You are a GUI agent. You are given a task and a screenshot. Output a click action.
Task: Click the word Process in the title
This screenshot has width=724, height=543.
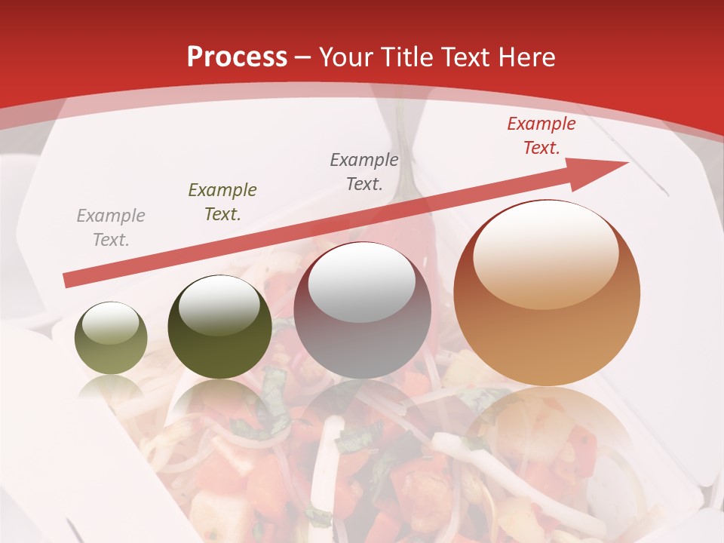coord(237,57)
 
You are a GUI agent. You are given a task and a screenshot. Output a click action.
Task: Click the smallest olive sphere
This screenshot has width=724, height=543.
coord(111,338)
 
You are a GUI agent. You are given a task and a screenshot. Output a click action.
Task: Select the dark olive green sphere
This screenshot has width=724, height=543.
coord(219,327)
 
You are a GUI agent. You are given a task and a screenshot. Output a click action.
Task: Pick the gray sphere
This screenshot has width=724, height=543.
coord(362,310)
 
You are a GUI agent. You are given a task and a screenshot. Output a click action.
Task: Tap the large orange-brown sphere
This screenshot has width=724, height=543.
coord(547,293)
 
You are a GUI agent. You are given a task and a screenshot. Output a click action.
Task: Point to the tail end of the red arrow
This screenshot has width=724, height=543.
coord(68,281)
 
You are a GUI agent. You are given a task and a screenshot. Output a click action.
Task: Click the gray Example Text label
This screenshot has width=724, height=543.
coord(111,228)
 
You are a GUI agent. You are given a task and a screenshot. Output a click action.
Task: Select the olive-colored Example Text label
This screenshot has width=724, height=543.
coord(222,202)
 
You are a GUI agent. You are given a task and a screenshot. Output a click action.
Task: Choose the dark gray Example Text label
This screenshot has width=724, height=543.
coord(364,171)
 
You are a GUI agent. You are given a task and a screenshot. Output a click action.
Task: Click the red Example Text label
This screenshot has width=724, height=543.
coord(541,136)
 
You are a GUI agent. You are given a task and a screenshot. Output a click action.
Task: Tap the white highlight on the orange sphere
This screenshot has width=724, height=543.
coord(545,253)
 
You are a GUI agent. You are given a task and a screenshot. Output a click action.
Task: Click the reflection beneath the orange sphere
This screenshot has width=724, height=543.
coord(547,445)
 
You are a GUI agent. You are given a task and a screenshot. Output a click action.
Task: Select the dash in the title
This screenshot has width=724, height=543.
coord(304,58)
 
